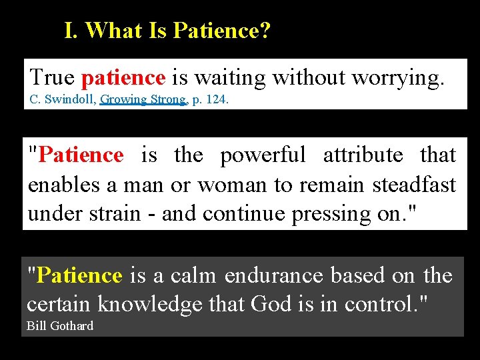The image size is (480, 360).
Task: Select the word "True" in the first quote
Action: [x=52, y=78]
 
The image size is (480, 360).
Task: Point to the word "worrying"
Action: [x=397, y=78]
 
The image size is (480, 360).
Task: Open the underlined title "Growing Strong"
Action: [x=143, y=99]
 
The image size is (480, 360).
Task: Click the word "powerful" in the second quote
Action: [x=263, y=155]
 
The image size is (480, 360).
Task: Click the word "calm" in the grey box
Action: [x=195, y=275]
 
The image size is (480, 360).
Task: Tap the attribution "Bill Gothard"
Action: [x=60, y=325]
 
